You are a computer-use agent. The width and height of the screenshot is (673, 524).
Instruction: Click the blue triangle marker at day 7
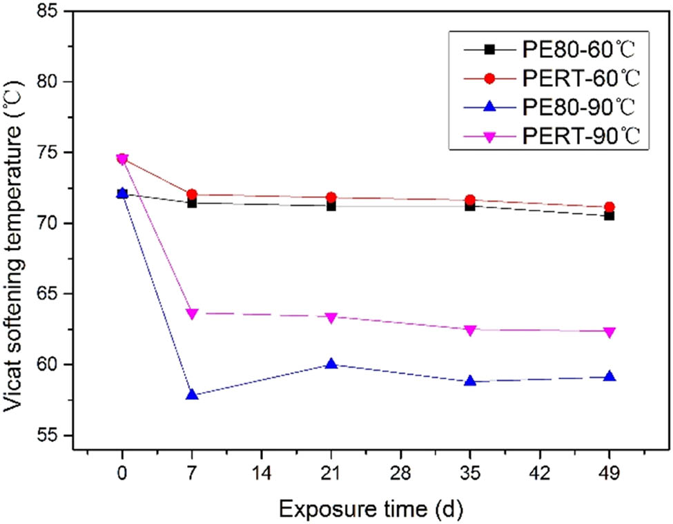192,395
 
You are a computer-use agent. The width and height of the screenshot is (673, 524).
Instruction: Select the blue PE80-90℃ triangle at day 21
331,364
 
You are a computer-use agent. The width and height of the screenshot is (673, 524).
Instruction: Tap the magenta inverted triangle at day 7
192,313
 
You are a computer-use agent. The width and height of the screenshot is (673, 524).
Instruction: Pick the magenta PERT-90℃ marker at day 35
471,330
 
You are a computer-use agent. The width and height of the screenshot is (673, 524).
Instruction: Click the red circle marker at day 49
609,206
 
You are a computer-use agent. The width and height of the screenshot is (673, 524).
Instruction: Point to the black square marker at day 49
609,216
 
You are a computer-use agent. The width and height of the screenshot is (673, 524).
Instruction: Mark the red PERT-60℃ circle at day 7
192,195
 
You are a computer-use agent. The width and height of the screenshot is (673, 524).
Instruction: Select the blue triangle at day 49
609,377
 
